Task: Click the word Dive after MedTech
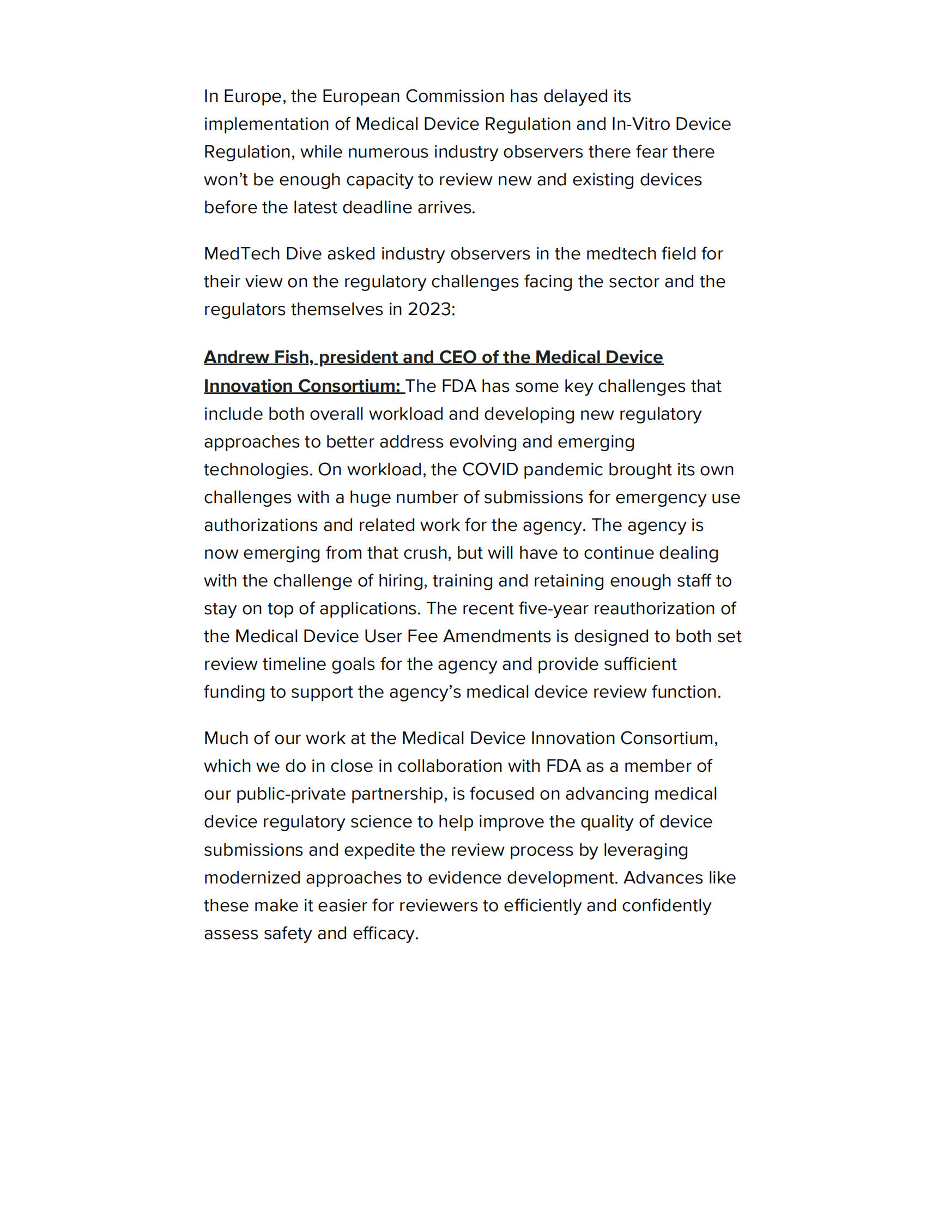coord(304,253)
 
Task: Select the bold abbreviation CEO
coord(457,358)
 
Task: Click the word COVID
coord(490,469)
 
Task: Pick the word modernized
coord(252,877)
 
